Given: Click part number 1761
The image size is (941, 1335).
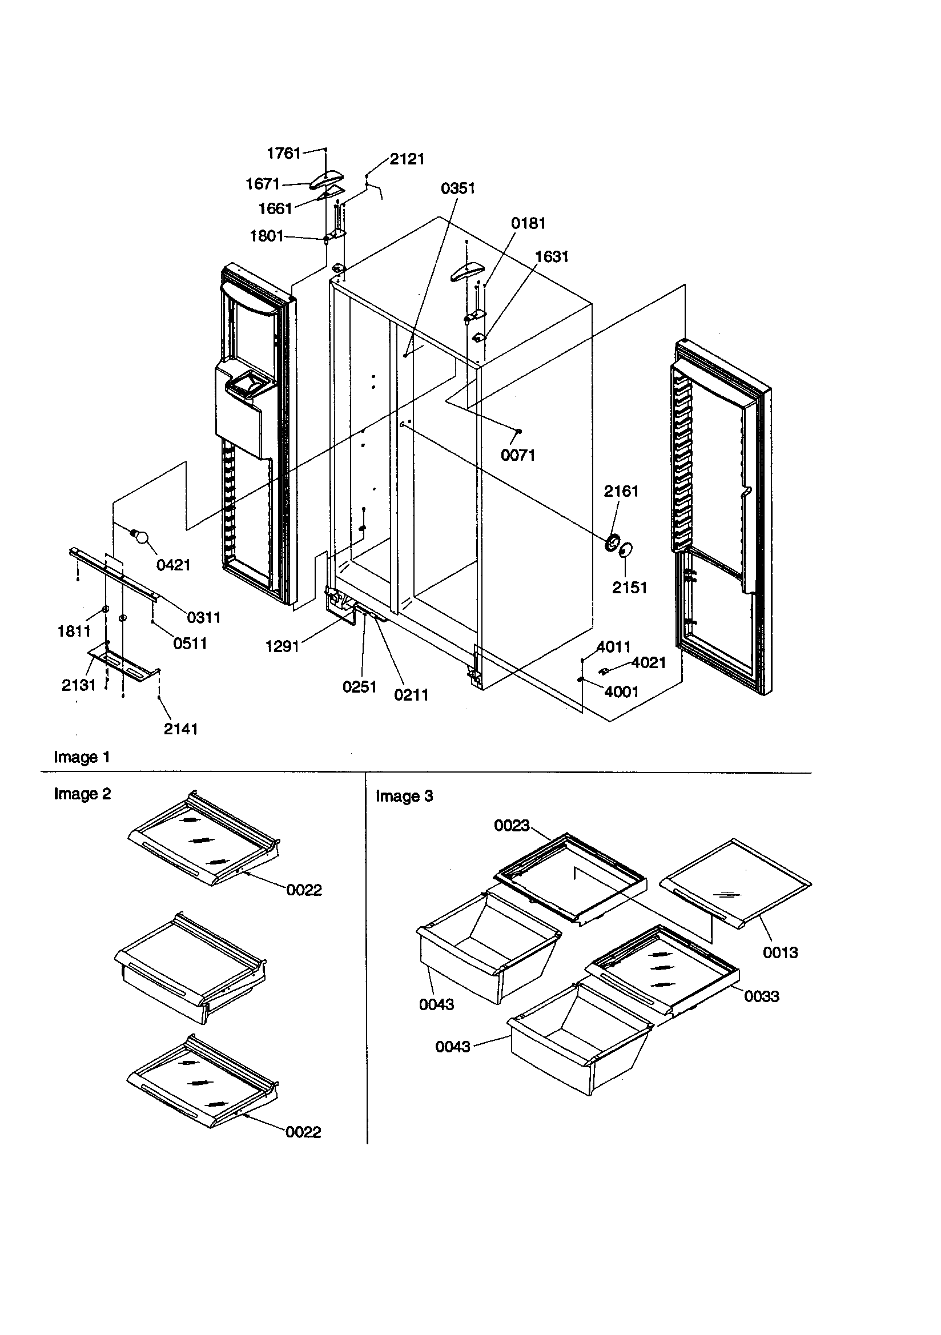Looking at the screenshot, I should tap(283, 153).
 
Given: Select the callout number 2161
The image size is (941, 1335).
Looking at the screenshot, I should tap(621, 491).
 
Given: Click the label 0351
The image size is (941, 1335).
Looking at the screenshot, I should tap(458, 188).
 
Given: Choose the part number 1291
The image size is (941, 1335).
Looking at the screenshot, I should tap(282, 646).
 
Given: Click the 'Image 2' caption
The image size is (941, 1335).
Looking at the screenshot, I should tap(82, 794).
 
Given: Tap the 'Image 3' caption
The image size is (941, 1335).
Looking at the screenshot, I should tap(404, 796).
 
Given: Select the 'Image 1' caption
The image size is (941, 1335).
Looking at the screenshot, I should tap(82, 757).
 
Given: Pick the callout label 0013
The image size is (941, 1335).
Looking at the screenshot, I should tap(780, 952).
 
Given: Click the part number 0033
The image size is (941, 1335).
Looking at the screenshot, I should tap(761, 996).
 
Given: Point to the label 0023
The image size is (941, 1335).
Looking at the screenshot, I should tap(511, 825).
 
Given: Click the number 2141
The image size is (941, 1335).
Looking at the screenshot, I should tap(180, 729).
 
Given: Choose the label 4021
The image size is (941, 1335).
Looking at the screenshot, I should tap(648, 662).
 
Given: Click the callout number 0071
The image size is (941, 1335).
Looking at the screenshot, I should tap(518, 455).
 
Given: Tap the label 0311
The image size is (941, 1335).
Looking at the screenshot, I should tap(203, 617).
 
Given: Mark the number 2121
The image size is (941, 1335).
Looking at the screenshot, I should tap(407, 159).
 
